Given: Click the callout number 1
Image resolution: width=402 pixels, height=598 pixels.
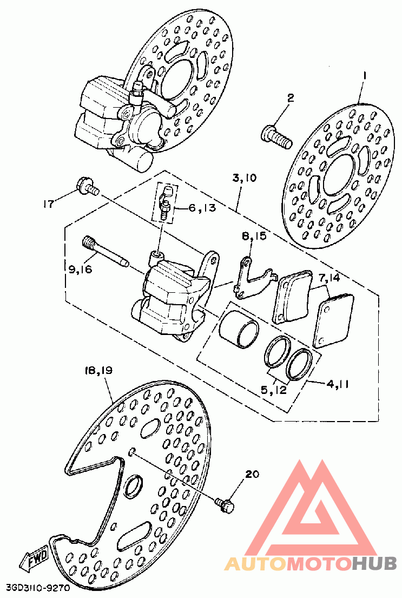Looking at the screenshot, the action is (x=364, y=76).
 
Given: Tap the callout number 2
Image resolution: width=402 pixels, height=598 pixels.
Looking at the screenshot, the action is (x=291, y=98).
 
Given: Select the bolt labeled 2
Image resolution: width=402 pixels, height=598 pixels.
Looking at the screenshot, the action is (x=277, y=137).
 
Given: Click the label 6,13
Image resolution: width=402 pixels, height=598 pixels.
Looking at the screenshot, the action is (x=202, y=208).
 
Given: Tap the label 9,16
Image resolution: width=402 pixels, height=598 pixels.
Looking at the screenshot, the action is (x=81, y=270).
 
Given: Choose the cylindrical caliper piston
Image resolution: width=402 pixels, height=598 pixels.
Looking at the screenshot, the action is (x=239, y=330).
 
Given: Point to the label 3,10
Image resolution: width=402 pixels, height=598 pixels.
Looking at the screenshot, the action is (x=244, y=178).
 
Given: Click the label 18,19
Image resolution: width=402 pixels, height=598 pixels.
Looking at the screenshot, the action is (x=99, y=370).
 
